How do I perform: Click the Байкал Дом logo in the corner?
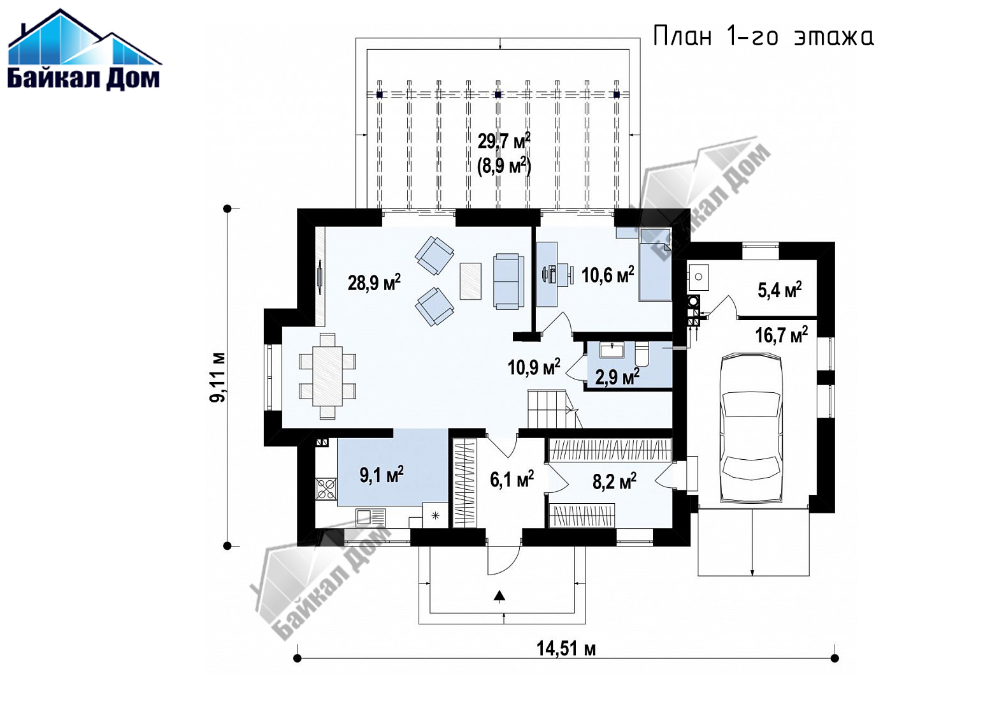click(x=85, y=50)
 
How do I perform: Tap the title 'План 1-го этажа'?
click(x=763, y=36)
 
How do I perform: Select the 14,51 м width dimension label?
click(x=566, y=649)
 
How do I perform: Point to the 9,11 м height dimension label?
click(x=218, y=377)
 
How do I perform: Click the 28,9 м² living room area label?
click(x=374, y=282)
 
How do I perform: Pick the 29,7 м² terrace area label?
click(x=504, y=141)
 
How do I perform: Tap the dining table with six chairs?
click(x=327, y=376)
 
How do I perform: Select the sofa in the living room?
click(x=506, y=281)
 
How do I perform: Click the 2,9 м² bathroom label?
click(x=617, y=377)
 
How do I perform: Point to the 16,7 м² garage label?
click(x=782, y=335)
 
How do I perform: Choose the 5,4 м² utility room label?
click(x=780, y=290)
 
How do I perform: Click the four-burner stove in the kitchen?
click(x=327, y=489)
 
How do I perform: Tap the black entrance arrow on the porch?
click(x=499, y=596)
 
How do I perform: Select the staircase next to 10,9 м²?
click(x=555, y=409)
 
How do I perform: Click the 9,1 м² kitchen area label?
click(x=382, y=475)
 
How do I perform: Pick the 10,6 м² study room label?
click(x=608, y=275)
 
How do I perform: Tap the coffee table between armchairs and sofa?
click(x=470, y=281)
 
